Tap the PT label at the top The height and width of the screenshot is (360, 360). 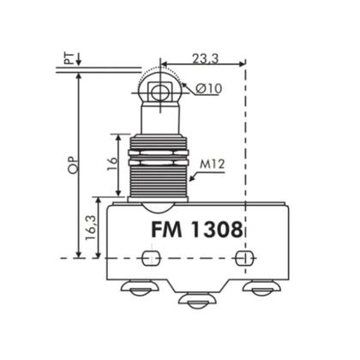click(68, 58)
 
